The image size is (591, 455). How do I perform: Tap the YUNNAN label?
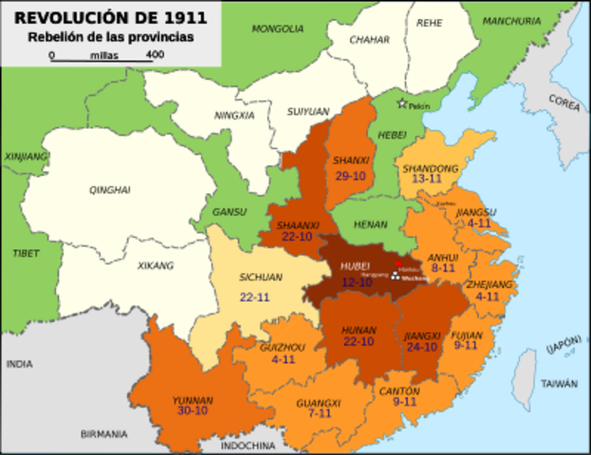[x=194, y=401]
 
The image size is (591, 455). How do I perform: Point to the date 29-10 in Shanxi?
[x=351, y=175]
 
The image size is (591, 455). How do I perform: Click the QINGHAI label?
[x=109, y=191]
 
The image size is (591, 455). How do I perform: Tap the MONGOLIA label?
[x=278, y=28]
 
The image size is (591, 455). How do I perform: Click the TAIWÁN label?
[x=560, y=384]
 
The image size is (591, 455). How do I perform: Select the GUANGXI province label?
[x=318, y=402]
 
